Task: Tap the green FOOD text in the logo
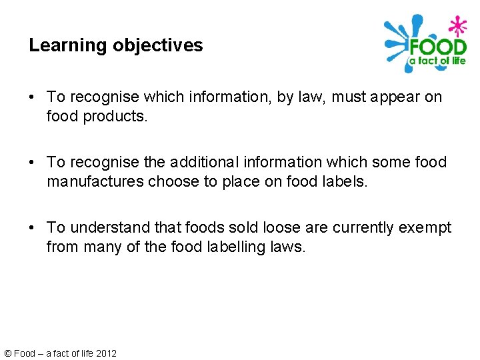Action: point(438,48)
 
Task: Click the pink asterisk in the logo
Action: point(457,27)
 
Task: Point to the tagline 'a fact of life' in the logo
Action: point(437,61)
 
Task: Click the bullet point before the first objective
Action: point(33,98)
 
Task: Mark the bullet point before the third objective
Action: point(33,229)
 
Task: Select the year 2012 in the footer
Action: point(106,353)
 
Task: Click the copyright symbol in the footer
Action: point(7,353)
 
